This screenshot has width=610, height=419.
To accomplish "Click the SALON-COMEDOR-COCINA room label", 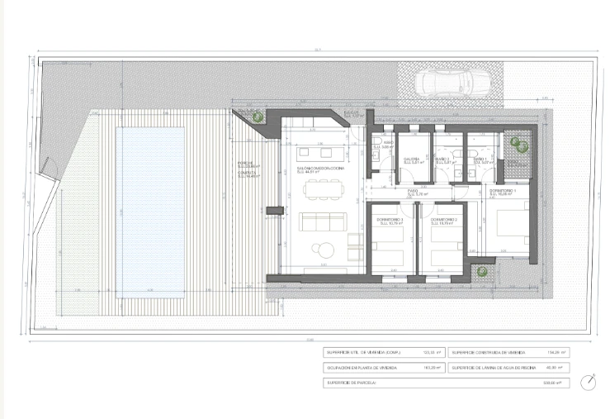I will [318, 169].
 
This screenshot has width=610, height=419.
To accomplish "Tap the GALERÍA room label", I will [412, 160].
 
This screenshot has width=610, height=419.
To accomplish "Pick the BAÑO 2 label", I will [444, 160].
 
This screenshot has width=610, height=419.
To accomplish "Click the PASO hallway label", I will [414, 192].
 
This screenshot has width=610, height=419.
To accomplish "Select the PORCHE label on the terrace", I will [245, 162].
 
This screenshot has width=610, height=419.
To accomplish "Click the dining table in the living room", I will [322, 189].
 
